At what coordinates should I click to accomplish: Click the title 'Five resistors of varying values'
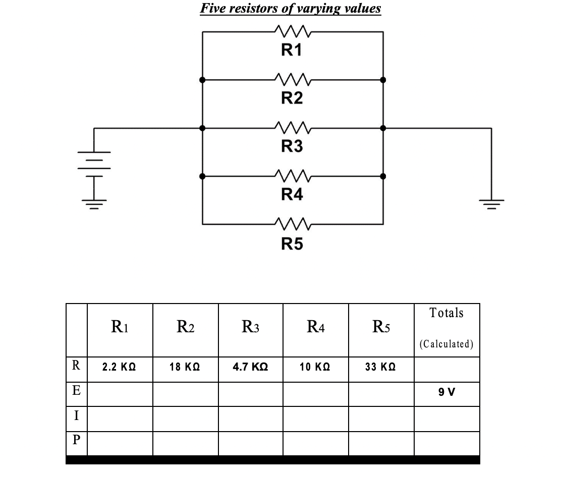coord(290,9)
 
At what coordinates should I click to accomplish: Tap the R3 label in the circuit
coord(292,147)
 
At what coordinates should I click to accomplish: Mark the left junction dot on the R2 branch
coord(202,80)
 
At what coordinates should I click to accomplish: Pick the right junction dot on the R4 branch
coord(383,176)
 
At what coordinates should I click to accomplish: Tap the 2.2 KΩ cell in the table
coord(120,369)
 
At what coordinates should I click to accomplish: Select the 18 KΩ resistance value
coord(185,369)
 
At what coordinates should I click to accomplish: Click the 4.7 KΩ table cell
coord(250,369)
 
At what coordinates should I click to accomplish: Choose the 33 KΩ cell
coord(381,369)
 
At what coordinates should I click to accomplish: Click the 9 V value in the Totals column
coord(446,393)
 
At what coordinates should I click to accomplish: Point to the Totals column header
coord(446,313)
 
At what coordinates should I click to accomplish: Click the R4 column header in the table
coord(315,328)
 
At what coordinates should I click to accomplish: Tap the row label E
coord(76,393)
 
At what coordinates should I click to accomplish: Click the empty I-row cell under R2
coord(185,418)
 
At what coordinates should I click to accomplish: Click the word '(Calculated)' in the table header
coord(446,344)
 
